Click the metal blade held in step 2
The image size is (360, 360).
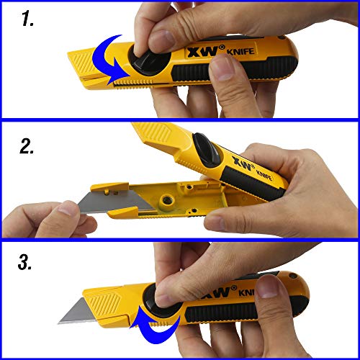(x=115, y=202)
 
